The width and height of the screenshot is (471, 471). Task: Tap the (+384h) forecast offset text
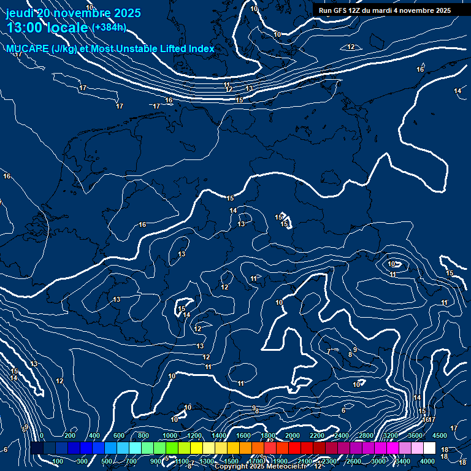tap(109, 28)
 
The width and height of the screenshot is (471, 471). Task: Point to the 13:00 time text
tap(25, 28)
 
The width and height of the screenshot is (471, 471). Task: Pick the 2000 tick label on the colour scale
tap(293, 435)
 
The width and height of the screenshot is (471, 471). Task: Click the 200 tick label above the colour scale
tap(69, 435)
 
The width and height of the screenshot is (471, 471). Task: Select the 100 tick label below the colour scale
tap(58, 461)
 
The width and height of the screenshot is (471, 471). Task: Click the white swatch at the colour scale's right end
tap(429, 448)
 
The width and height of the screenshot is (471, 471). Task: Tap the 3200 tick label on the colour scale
tap(391, 435)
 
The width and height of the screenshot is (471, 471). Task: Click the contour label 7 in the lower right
tap(329, 351)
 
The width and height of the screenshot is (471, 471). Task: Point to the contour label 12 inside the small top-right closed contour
tap(351, 47)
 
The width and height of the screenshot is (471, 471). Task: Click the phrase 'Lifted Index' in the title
tap(185, 49)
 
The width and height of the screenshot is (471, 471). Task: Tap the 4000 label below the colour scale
tap(427, 461)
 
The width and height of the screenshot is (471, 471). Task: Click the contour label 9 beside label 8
tap(355, 350)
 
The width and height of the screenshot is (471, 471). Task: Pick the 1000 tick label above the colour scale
tap(169, 435)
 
